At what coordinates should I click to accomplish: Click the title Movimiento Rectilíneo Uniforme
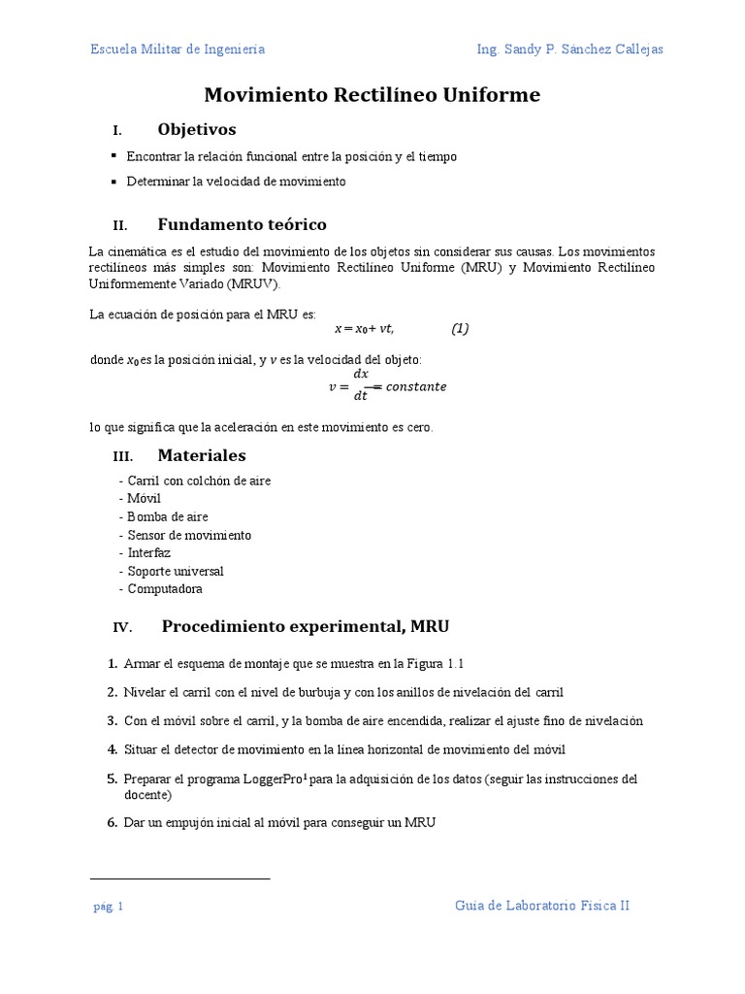(x=372, y=95)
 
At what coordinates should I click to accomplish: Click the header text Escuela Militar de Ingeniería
(x=178, y=50)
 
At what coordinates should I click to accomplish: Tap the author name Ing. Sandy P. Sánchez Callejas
(x=570, y=50)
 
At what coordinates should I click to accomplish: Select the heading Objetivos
(x=196, y=129)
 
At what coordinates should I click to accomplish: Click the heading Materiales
(x=202, y=455)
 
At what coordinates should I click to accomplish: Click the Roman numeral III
(x=122, y=456)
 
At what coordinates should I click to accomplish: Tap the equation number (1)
(x=460, y=328)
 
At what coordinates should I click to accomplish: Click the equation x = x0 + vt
(x=364, y=329)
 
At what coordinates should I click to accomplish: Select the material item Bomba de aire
(x=168, y=516)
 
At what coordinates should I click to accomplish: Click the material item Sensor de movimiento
(x=189, y=535)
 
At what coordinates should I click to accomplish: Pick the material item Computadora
(x=165, y=588)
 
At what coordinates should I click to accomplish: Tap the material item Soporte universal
(x=176, y=571)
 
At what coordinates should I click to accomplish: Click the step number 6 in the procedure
(x=112, y=822)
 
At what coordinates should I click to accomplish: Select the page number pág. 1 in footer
(x=108, y=907)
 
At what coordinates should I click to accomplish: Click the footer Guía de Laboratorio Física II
(x=542, y=905)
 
